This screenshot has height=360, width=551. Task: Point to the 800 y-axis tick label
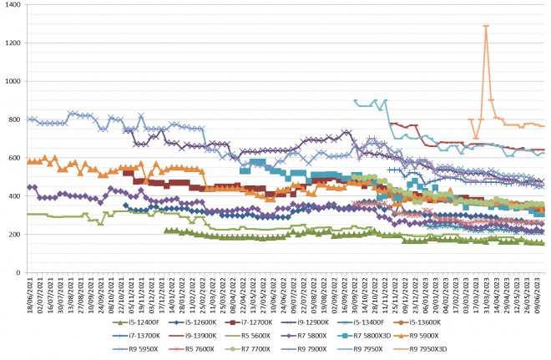click(x=15, y=119)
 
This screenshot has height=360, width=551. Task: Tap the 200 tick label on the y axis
click(x=15, y=235)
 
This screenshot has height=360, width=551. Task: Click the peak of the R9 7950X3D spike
click(x=486, y=26)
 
